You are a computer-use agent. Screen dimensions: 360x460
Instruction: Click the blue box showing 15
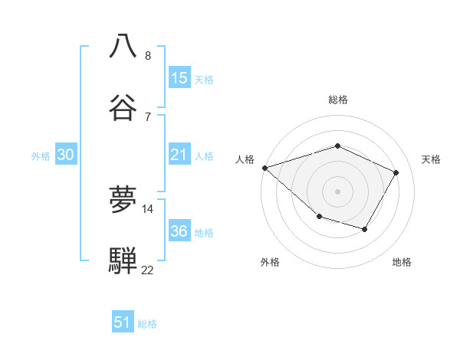tap(179, 78)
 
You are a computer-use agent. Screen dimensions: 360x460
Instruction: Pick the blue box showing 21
tap(179, 155)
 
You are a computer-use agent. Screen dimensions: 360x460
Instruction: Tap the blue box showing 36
tap(179, 231)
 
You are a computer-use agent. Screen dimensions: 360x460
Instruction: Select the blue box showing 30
tap(66, 155)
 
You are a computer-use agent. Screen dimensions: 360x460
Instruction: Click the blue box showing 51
tap(123, 322)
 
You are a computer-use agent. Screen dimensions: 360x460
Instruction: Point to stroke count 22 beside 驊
tap(147, 270)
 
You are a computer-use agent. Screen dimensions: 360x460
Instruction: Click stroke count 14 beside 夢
tap(148, 208)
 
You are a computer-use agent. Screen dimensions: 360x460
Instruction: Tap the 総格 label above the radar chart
tap(337, 100)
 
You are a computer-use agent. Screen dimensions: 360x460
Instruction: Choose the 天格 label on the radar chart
tap(431, 159)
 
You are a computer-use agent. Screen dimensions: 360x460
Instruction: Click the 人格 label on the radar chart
tap(245, 159)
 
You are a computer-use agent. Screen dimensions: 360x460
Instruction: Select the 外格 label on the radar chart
tap(270, 262)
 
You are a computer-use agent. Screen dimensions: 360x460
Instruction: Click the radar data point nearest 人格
tap(264, 168)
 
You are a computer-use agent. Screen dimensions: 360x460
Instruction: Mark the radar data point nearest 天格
tap(396, 172)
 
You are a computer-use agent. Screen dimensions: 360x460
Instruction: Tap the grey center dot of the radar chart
tap(337, 191)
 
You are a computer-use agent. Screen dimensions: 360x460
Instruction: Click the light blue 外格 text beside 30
tap(41, 156)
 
